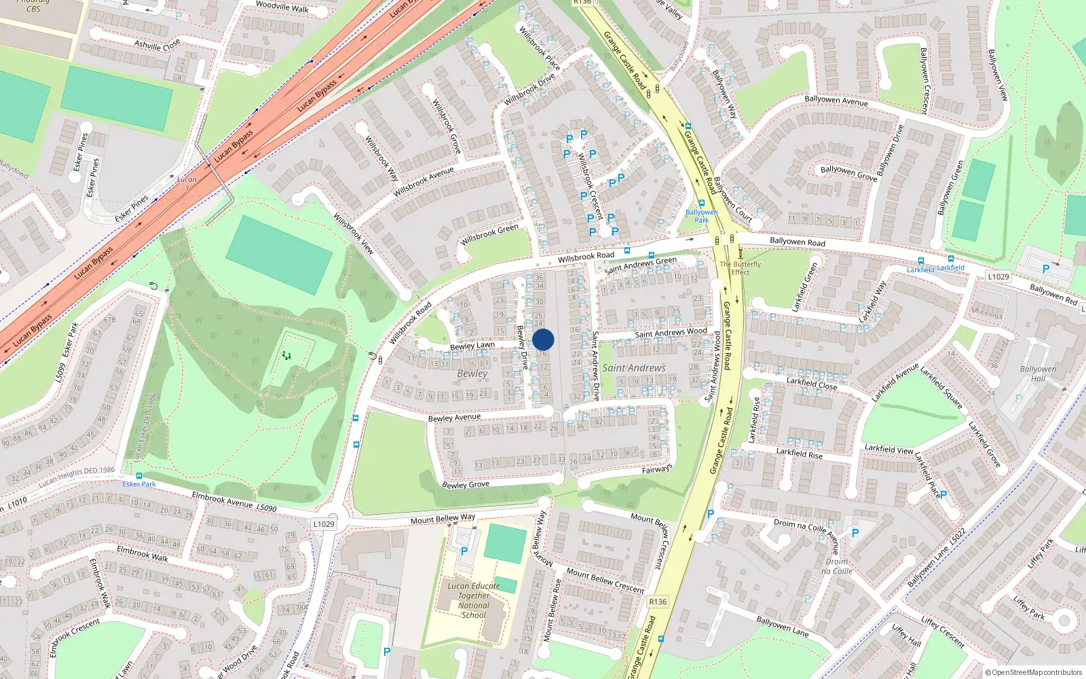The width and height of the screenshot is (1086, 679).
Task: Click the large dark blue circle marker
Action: pos(543,340)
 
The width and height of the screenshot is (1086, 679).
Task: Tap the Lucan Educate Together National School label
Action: pos(473,600)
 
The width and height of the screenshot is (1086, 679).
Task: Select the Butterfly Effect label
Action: pos(740,268)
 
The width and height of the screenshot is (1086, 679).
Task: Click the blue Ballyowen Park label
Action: pos(701,216)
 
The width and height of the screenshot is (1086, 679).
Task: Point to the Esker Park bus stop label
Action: pos(139,484)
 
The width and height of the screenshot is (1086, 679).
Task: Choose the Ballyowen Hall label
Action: pos(1038,374)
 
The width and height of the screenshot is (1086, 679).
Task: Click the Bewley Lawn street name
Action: pos(472,346)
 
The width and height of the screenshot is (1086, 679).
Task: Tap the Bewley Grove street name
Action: pos(466,484)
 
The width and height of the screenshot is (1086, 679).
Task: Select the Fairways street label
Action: pos(657,469)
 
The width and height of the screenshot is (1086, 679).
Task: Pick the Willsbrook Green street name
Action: pos(489,235)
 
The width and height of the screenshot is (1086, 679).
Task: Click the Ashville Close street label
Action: pos(157,45)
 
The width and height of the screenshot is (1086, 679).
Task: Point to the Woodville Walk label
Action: pos(282,7)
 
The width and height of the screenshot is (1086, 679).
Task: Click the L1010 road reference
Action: pos(18,502)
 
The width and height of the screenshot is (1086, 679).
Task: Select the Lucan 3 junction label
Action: pos(187,183)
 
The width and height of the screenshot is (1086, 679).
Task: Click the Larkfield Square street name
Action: pos(941,387)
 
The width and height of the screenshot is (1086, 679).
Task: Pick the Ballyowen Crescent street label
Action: pos(924,80)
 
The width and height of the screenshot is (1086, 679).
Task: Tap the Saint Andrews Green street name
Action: pos(640,265)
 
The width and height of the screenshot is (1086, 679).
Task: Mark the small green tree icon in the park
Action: pos(286,355)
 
